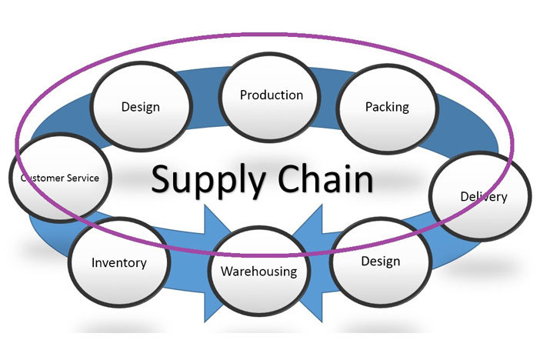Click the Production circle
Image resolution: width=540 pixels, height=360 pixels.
click(x=271, y=95)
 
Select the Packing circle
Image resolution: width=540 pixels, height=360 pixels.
click(x=386, y=106)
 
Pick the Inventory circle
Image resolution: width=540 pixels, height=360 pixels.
click(x=118, y=263)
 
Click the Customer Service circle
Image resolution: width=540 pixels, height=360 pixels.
click(x=60, y=178)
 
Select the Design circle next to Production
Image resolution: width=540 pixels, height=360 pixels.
click(x=140, y=106)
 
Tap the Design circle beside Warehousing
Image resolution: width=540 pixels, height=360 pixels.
click(x=380, y=261)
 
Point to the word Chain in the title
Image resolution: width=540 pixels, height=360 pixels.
click(x=325, y=178)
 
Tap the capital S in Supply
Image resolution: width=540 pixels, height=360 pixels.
click(x=162, y=178)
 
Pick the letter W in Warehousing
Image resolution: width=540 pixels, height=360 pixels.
click(x=227, y=271)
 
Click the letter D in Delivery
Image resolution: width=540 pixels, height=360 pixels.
click(x=464, y=196)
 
